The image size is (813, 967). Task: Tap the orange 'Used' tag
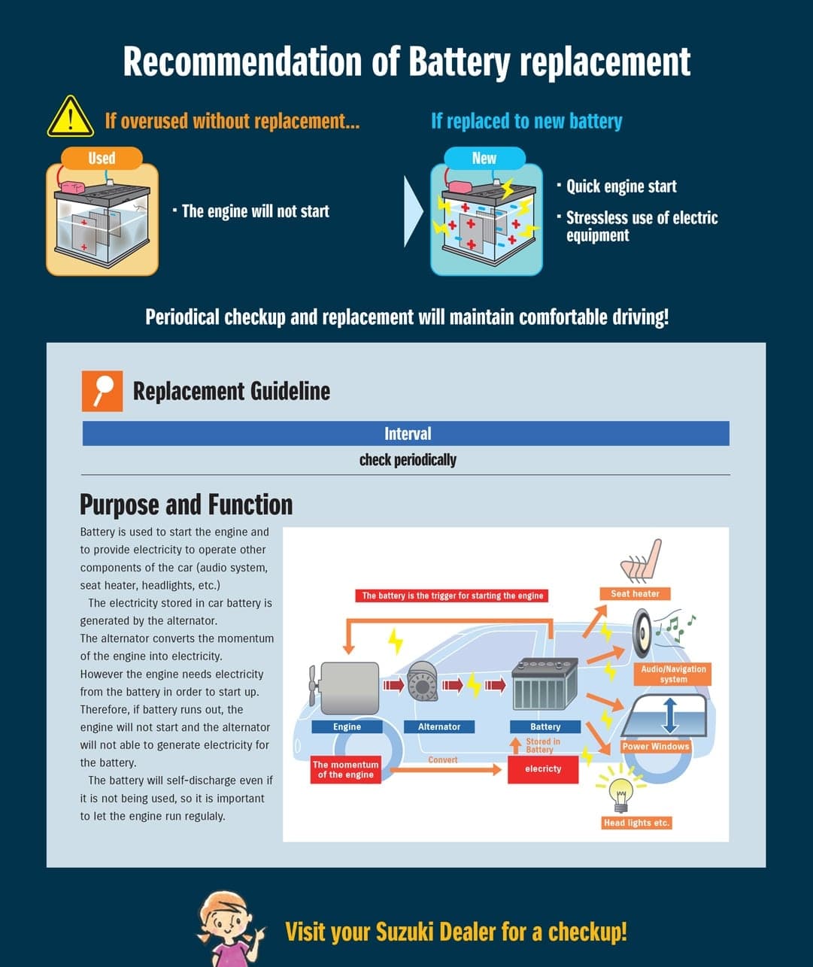(102, 158)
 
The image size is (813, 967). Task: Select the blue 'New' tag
(484, 158)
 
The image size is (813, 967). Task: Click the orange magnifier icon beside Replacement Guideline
(102, 391)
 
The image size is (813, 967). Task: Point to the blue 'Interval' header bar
(406, 434)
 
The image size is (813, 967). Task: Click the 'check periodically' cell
(408, 459)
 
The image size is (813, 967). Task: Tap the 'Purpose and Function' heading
(186, 505)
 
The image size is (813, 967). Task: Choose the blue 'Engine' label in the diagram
(347, 727)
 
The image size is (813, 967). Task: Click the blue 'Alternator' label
(438, 727)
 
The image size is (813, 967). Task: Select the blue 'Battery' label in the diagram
(545, 727)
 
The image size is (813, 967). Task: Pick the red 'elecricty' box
(543, 768)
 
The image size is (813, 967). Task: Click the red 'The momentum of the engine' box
(345, 769)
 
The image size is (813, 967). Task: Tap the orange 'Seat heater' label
(635, 594)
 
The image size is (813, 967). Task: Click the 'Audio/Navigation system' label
(673, 674)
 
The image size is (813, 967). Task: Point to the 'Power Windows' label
(656, 747)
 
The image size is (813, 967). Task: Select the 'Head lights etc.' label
(636, 823)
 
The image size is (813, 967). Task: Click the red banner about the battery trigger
(452, 596)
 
